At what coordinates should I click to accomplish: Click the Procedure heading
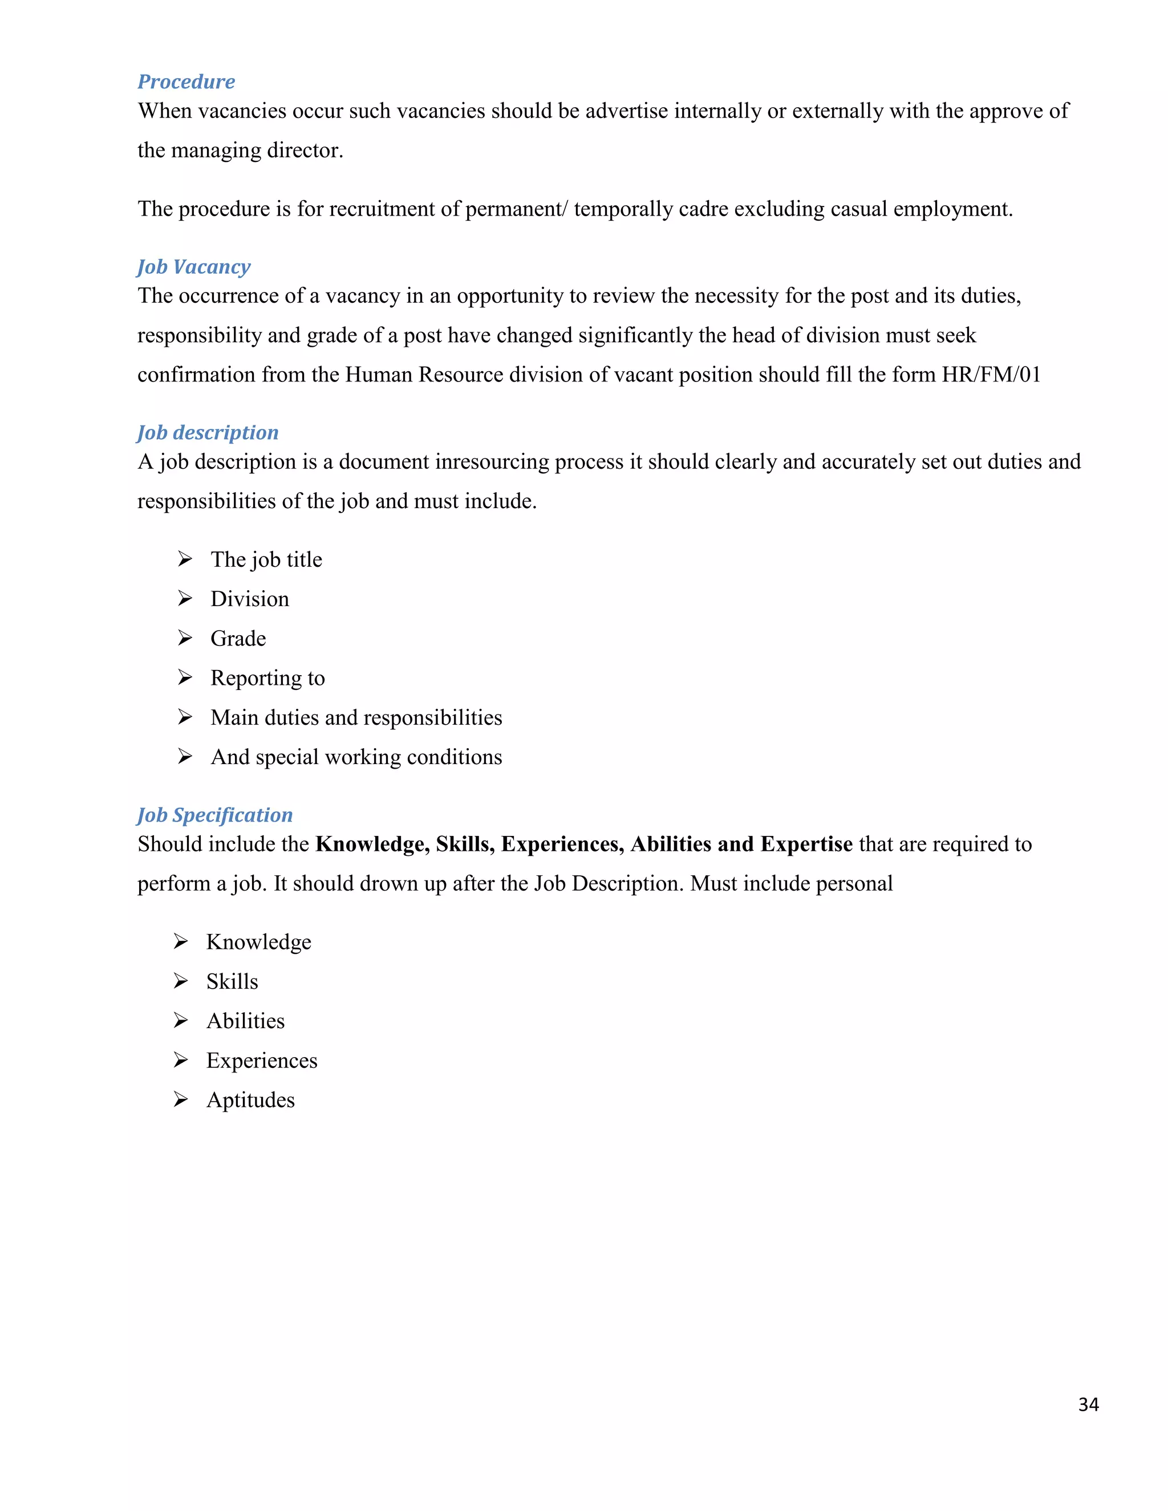[x=186, y=82]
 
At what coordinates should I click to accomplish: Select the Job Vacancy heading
[x=194, y=266]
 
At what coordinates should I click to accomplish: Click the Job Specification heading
[x=214, y=815]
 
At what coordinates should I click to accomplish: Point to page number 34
[x=1088, y=1404]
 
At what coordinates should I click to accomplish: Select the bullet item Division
[x=250, y=599]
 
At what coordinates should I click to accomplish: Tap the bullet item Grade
[x=238, y=639]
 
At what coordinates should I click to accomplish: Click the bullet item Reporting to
[x=268, y=678]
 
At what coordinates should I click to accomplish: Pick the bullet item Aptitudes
[x=250, y=1100]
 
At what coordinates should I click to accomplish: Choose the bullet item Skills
[x=232, y=982]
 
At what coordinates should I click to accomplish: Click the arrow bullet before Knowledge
[x=181, y=941]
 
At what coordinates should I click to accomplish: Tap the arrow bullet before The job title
[x=185, y=559]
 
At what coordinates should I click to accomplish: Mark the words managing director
[x=257, y=150]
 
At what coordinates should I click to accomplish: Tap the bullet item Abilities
[x=246, y=1021]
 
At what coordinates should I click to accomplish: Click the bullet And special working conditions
[x=356, y=757]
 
